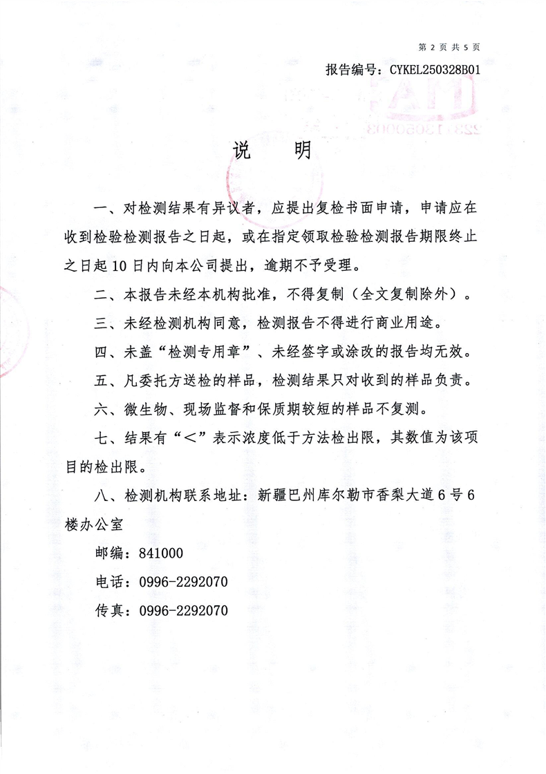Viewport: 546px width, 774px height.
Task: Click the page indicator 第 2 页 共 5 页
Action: (449, 47)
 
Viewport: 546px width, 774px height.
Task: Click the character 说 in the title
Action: (241, 151)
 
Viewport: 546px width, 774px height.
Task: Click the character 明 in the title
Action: (302, 151)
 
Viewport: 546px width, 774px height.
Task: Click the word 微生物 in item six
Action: (145, 408)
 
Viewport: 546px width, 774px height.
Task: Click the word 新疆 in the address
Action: (272, 495)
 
